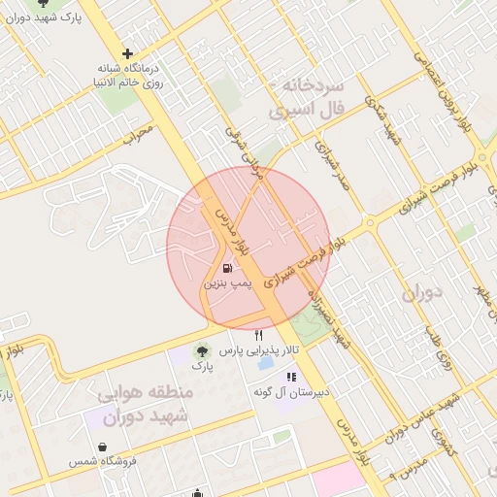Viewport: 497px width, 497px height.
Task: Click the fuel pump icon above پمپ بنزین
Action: point(225,268)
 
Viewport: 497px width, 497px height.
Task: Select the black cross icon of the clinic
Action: point(127,54)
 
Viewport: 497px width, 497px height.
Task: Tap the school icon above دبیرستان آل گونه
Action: point(289,377)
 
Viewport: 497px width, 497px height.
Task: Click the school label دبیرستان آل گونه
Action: point(289,393)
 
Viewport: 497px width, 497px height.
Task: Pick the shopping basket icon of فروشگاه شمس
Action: point(103,447)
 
